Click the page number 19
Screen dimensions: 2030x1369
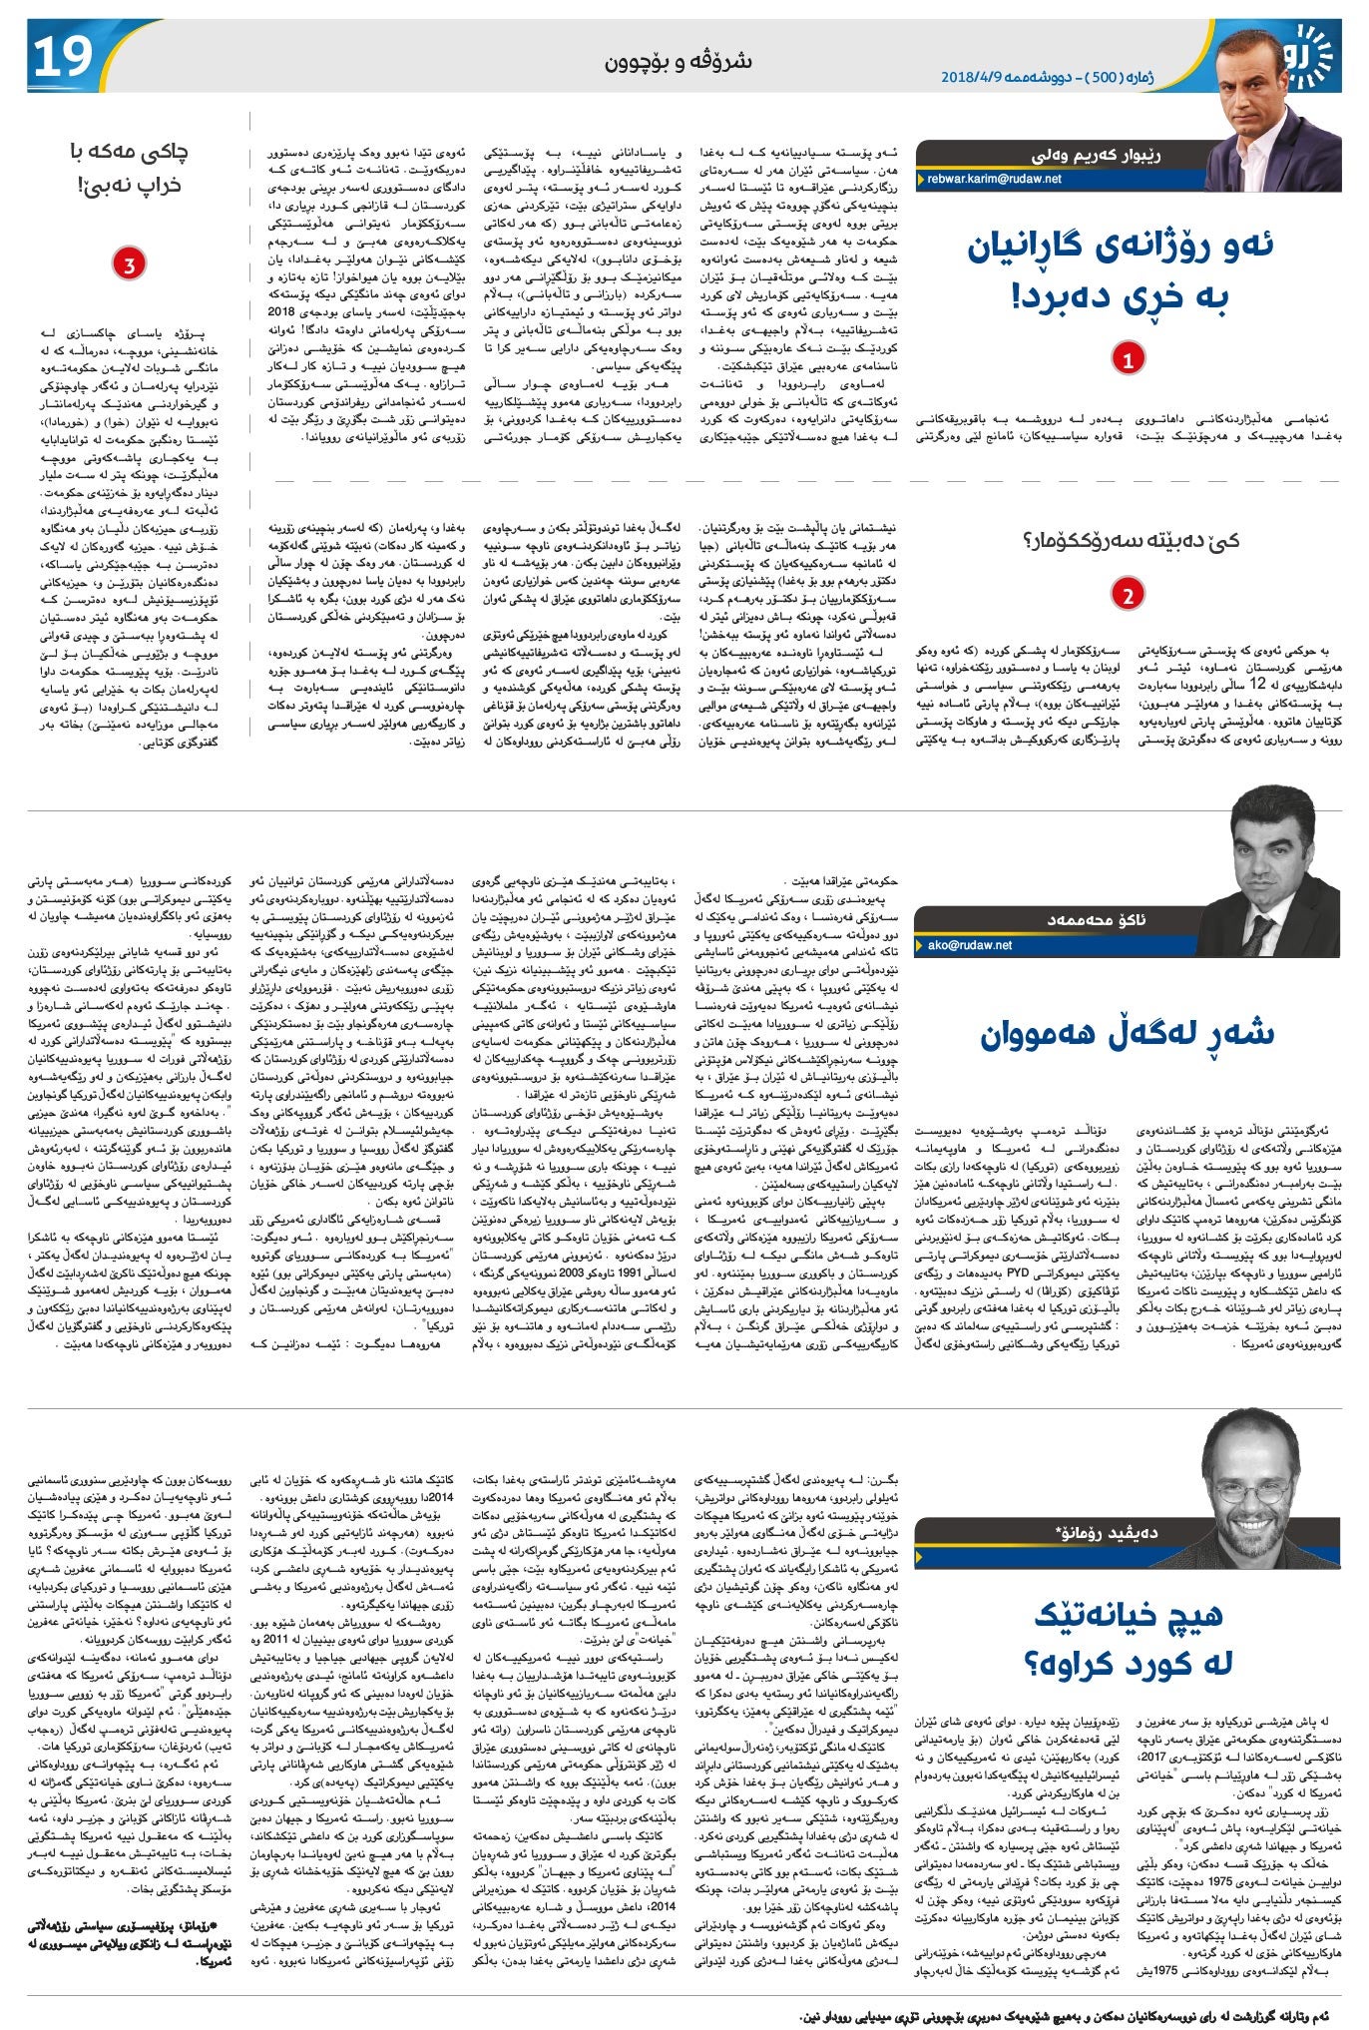(x=63, y=58)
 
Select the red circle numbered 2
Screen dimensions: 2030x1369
(x=1128, y=595)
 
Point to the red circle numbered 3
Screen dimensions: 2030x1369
(x=129, y=263)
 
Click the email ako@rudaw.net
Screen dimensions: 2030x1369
(x=970, y=944)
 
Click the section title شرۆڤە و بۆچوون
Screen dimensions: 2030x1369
(x=679, y=62)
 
